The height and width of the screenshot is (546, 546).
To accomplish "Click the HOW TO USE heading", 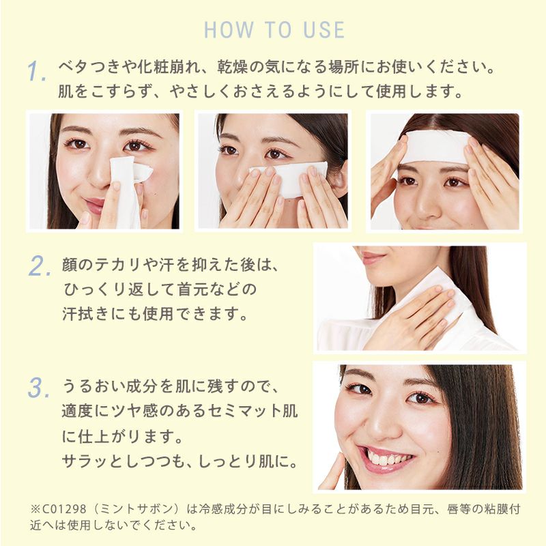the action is (274, 30).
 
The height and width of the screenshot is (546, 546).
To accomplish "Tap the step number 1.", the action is (37, 71).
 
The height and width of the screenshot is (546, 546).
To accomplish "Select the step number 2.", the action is (39, 266).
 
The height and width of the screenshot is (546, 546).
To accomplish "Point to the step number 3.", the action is (38, 388).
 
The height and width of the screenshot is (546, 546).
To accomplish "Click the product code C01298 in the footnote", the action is (64, 509).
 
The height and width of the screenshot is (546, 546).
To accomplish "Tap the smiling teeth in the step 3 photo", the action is (386, 457).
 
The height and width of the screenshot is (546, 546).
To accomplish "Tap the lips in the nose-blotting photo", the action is (96, 205).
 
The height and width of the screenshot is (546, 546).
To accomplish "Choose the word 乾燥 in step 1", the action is (233, 67).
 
